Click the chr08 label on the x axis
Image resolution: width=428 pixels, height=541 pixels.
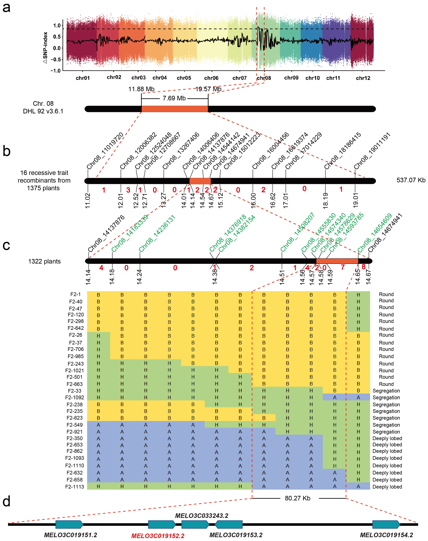pyautogui.click(x=264, y=78)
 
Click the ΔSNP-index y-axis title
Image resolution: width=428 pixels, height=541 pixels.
pyautogui.click(x=45, y=48)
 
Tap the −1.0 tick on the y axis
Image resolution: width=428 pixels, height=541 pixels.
pyautogui.click(x=56, y=71)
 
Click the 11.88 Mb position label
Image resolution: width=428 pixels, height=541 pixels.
pyautogui.click(x=141, y=89)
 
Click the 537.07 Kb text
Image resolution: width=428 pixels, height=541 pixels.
pyautogui.click(x=411, y=180)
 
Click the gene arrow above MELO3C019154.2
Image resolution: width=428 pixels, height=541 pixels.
pyautogui.click(x=386, y=524)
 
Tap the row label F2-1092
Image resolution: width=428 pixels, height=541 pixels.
pyautogui.click(x=75, y=398)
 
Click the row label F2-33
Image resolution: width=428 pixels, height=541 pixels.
pyautogui.click(x=75, y=391)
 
